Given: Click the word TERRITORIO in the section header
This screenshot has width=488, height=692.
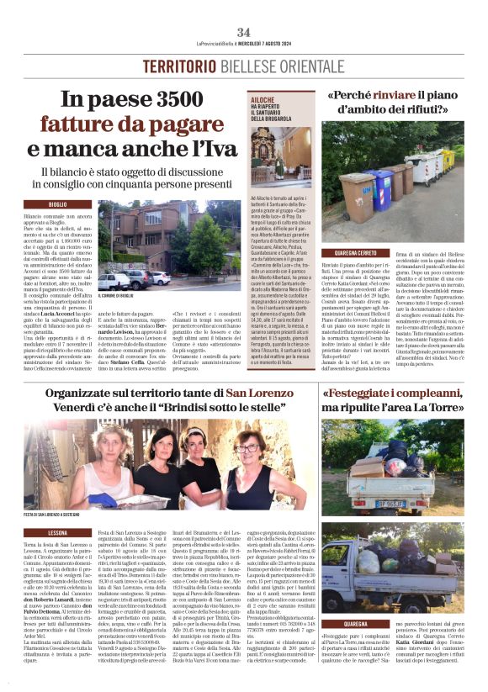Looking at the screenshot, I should coord(178,66).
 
